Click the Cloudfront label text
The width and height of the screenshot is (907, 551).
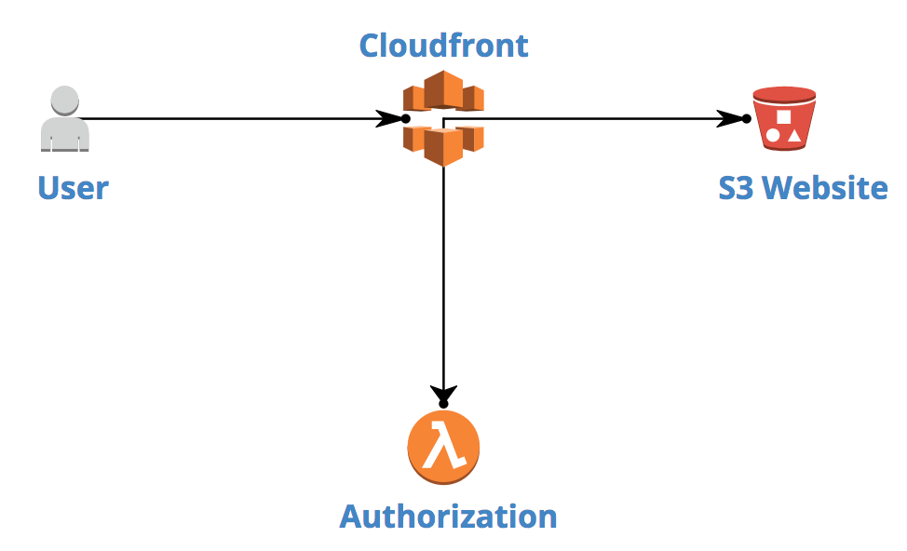pos(443,45)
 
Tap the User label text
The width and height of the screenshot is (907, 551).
pos(73,188)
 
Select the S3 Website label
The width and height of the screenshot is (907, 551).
pos(803,188)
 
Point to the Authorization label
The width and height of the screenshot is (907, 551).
pos(448,516)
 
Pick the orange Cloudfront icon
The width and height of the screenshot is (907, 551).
pos(443,117)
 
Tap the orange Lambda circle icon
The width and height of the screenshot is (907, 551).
pos(443,447)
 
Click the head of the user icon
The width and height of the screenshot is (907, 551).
pos(64,100)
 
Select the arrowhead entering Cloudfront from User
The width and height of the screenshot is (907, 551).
pos(389,119)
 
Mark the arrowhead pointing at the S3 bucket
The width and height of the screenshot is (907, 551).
pos(731,119)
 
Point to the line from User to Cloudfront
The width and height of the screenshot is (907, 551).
pos(233,119)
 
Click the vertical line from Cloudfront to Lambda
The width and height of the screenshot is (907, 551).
pos(443,279)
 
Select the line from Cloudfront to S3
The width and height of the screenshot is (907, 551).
pos(596,119)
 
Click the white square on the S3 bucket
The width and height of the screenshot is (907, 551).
pos(783,117)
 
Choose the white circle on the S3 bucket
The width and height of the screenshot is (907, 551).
pos(773,136)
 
